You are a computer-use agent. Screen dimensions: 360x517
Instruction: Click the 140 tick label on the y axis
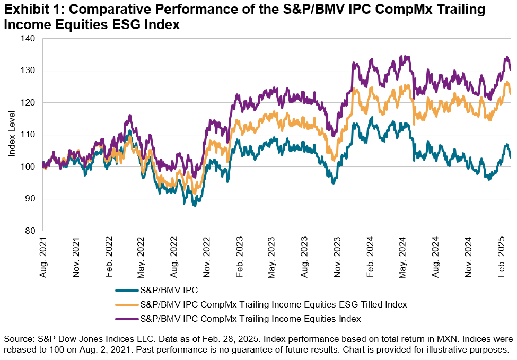28,39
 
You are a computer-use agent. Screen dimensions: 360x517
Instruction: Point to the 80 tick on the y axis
30,231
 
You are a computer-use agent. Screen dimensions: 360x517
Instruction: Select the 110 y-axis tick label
28,135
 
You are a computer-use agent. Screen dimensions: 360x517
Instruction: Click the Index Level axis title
12,135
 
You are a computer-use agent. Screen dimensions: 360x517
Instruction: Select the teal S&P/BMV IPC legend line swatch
126,290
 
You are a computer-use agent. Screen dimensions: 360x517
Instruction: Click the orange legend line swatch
126,304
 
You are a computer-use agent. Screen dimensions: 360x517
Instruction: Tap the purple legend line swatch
126,319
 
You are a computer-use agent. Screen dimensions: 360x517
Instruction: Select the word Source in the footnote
16,339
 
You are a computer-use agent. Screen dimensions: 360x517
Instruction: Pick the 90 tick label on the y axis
30,199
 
